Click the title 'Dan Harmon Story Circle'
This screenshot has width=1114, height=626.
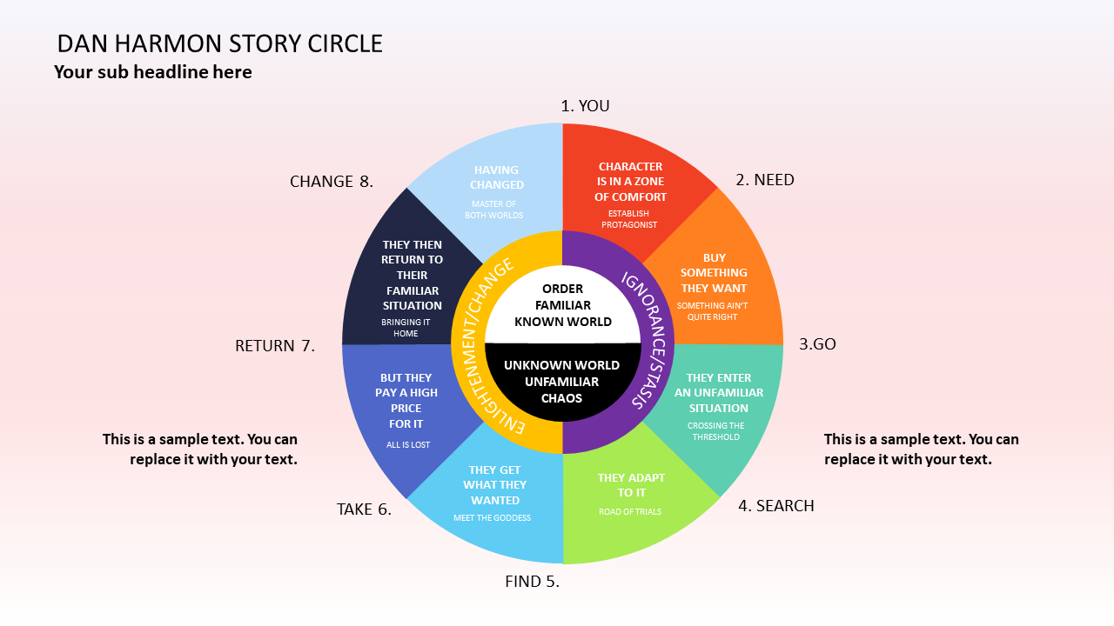[x=219, y=43]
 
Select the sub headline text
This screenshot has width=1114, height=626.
[x=153, y=72]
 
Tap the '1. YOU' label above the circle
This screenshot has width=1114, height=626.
[x=585, y=106]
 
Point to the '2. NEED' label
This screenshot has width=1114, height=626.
[x=765, y=180]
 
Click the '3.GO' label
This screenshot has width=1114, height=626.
[x=817, y=344]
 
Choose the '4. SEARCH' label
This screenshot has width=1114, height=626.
[x=776, y=506]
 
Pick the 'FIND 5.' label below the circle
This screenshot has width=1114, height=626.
[x=532, y=582]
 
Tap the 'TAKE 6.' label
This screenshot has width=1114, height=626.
[x=364, y=509]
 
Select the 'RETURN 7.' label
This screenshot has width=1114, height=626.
[x=275, y=346]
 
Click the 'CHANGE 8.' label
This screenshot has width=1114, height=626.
[x=332, y=182]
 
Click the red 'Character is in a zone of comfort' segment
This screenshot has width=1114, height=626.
[x=631, y=187]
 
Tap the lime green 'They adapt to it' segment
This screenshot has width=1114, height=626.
[x=631, y=504]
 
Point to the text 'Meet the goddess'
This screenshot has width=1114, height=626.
[x=492, y=518]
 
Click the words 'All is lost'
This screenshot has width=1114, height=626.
[x=408, y=445]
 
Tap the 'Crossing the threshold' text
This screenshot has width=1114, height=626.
[x=716, y=431]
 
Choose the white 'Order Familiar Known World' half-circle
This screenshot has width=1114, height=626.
[x=563, y=305]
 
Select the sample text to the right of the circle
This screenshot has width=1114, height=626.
[x=921, y=449]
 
